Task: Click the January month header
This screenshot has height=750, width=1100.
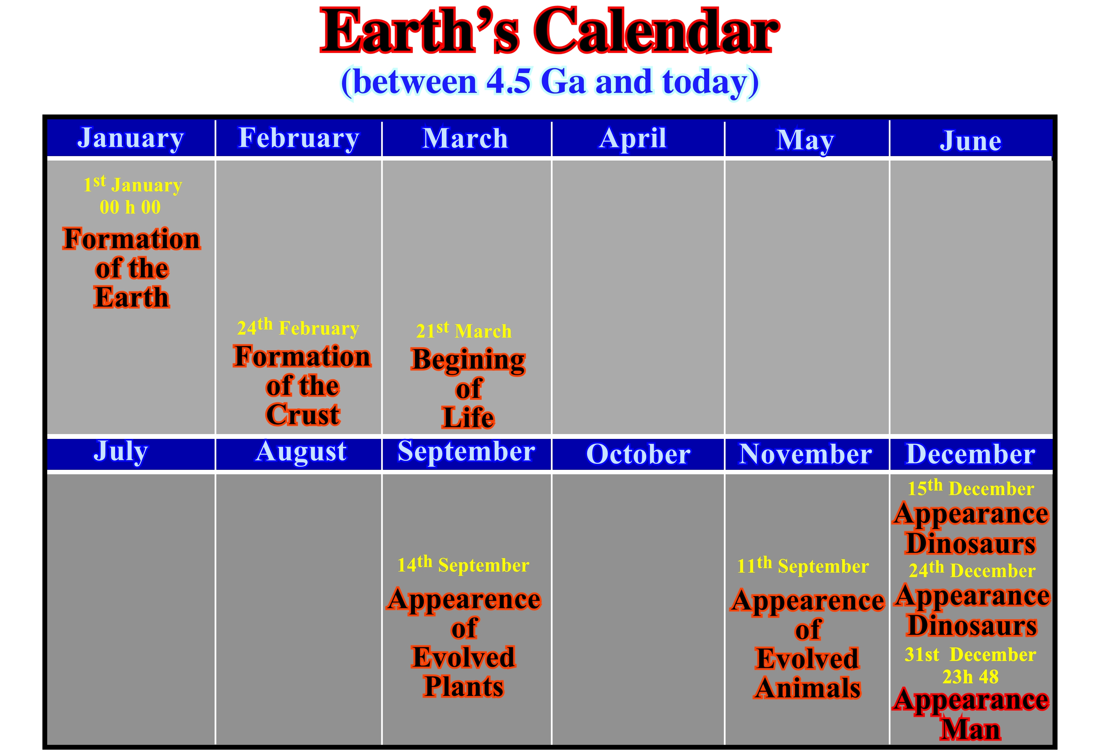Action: [x=131, y=139]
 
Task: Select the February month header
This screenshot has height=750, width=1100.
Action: [x=299, y=139]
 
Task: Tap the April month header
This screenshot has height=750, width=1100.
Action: [x=633, y=139]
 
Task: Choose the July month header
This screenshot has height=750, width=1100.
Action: [x=121, y=452]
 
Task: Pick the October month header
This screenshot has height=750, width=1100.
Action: [x=638, y=454]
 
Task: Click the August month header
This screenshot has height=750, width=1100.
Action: [x=301, y=452]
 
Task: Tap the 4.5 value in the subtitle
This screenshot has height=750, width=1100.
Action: [x=508, y=82]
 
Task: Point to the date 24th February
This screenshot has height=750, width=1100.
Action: [x=298, y=327]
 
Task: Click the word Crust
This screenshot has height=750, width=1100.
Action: [x=303, y=415]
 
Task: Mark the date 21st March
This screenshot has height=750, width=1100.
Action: [x=464, y=330]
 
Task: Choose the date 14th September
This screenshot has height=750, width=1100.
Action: [x=463, y=564]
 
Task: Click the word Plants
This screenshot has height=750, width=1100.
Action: [x=463, y=687]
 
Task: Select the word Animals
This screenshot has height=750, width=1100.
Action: [x=808, y=688]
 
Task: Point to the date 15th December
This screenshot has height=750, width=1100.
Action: [x=971, y=488]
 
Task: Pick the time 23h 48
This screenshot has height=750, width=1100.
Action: [x=970, y=677]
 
